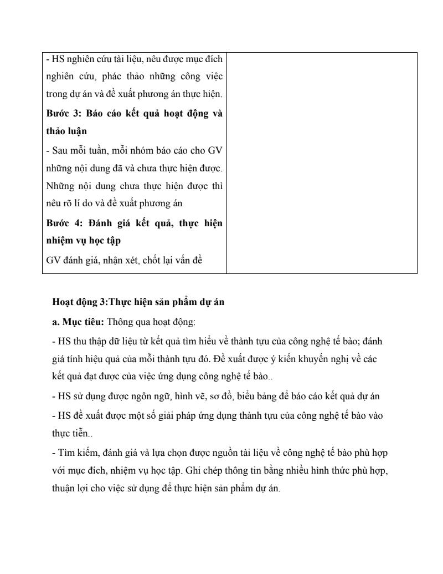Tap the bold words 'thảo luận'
[66, 132]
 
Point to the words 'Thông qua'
[125, 322]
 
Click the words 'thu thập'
[85, 341]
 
